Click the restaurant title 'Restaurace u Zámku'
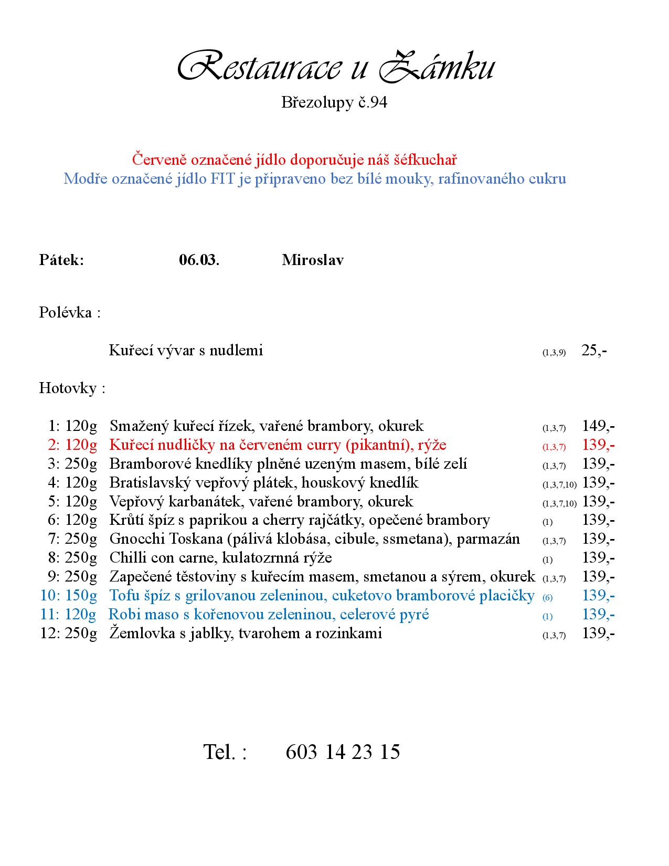click(335, 67)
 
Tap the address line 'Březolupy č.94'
click(334, 102)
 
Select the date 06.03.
click(199, 260)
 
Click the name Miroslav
click(313, 260)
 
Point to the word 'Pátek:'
click(61, 260)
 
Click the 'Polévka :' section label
click(69, 313)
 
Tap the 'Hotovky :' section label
click(72, 388)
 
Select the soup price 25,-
click(594, 351)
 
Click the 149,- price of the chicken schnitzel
click(598, 426)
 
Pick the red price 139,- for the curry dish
click(598, 445)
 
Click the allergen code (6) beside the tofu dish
click(547, 597)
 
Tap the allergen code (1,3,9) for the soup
click(554, 353)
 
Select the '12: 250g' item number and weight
click(69, 633)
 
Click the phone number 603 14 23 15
click(343, 752)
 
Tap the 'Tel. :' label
click(225, 752)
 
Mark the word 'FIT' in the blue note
click(223, 179)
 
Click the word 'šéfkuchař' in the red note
click(424, 159)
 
